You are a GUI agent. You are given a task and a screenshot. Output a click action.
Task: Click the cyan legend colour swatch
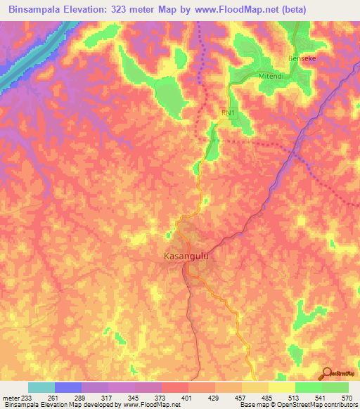click(41, 387)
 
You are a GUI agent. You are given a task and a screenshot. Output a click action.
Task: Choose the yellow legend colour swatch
click(281, 387)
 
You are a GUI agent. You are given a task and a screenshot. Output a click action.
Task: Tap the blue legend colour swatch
click(68, 387)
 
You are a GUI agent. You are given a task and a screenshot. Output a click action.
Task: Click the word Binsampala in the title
click(35, 10)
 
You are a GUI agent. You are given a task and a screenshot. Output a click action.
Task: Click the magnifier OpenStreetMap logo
click(326, 372)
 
